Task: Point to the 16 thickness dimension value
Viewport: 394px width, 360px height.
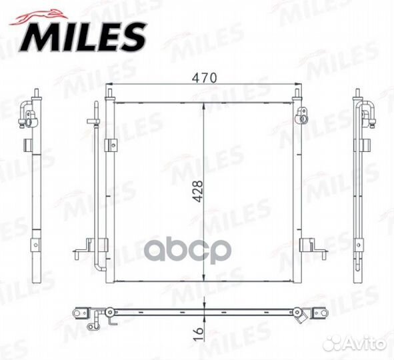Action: pyautogui.click(x=197, y=333)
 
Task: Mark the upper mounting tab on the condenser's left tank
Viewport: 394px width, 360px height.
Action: pyautogui.click(x=109, y=143)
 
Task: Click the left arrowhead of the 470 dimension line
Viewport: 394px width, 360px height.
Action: pyautogui.click(x=113, y=85)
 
